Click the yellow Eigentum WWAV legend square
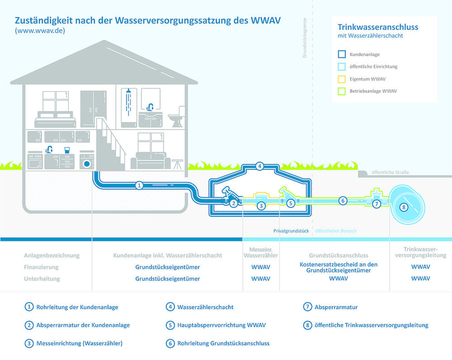(x=342, y=79)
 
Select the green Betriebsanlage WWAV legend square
(x=342, y=91)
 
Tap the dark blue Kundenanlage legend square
(x=342, y=54)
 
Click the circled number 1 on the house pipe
(x=139, y=185)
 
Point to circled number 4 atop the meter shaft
(x=260, y=166)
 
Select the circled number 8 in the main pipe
(x=403, y=207)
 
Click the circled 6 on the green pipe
(x=342, y=200)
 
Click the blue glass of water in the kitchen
(x=67, y=150)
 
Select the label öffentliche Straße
(x=390, y=172)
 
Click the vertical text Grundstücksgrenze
(x=304, y=38)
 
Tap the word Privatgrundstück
(x=291, y=231)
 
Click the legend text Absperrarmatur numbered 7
(x=336, y=307)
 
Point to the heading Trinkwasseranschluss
(x=378, y=27)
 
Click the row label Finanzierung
(x=41, y=267)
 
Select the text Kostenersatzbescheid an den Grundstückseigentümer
(x=338, y=267)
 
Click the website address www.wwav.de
(x=40, y=31)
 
